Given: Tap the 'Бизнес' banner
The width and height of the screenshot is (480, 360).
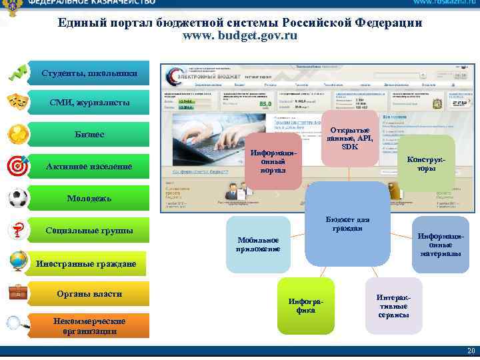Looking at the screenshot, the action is coord(89,135).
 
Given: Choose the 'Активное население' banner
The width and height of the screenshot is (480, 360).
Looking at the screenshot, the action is coord(89,166).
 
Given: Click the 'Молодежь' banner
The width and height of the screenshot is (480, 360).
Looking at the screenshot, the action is coord(89,199).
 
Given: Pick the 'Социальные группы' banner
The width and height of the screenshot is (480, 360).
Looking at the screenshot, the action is coord(89,231).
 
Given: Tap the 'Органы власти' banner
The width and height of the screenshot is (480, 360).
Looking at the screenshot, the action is coord(89,294).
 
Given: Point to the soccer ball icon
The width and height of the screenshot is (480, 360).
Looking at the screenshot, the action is coord(17,197).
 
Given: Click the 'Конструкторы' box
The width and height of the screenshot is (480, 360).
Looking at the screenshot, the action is coord(427,164).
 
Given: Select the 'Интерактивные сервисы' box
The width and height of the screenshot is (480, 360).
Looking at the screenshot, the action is coord(393,305).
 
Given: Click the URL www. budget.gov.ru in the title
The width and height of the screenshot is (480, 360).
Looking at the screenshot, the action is coord(240,36).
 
